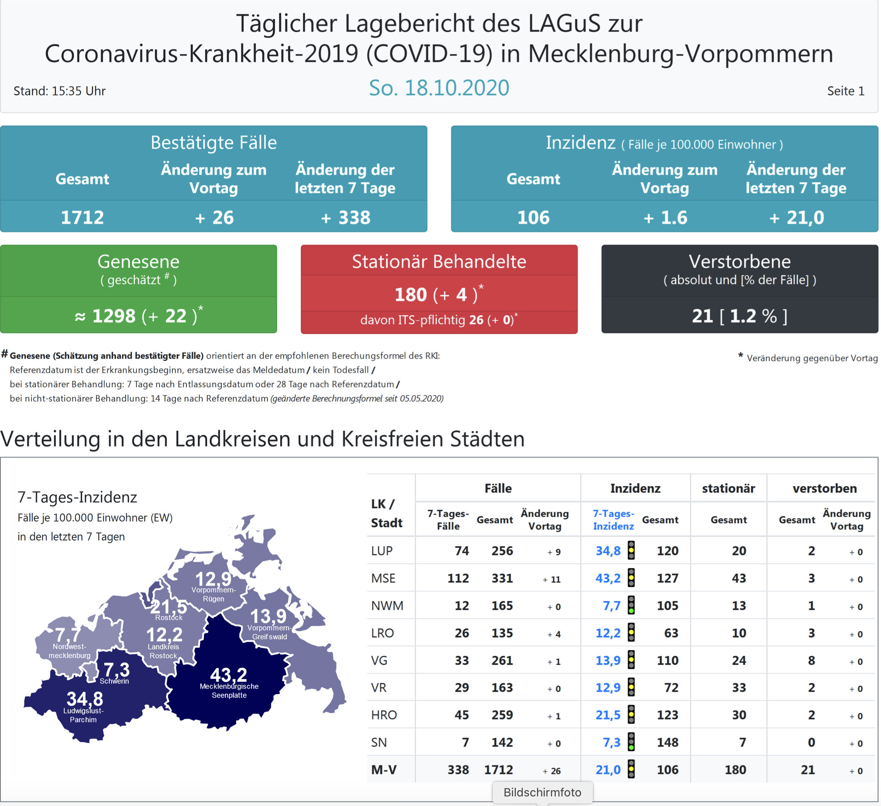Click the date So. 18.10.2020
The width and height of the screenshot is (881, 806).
point(439,88)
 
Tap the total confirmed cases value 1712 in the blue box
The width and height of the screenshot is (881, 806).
point(82,217)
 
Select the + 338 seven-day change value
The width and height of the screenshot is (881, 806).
point(345,217)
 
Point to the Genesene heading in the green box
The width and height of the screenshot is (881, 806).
point(138,262)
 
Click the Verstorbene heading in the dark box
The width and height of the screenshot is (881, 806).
point(739,262)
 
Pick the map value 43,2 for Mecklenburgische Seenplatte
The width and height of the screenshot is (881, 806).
point(228,675)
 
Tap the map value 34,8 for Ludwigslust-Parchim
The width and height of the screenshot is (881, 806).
point(85,699)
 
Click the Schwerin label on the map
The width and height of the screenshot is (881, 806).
point(114,681)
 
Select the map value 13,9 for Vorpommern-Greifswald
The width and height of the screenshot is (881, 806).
point(268,617)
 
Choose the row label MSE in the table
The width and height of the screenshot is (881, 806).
point(383,579)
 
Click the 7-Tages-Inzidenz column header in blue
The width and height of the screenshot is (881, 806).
point(613,519)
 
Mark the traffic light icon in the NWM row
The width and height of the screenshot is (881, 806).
point(631,606)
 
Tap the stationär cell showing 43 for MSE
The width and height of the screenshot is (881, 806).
point(739,579)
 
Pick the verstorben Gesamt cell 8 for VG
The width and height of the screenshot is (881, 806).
point(811,660)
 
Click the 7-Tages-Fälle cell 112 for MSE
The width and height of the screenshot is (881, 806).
point(458,579)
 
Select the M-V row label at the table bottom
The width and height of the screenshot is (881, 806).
point(384,770)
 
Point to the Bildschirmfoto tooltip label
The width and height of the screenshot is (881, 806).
point(542,793)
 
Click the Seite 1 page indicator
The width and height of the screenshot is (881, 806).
point(846,91)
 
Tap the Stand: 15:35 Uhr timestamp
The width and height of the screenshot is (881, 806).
point(59,91)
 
